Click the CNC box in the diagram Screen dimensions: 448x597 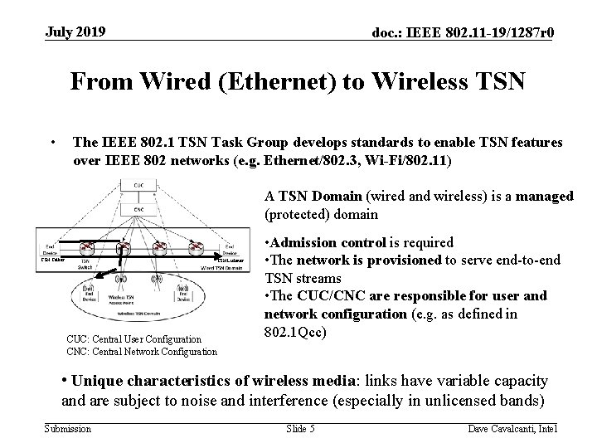coord(137,210)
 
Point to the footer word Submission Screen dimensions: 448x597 coord(69,428)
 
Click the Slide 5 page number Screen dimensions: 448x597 coord(300,428)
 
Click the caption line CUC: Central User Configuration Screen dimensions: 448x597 coord(133,338)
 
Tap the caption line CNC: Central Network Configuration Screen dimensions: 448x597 coord(142,351)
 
